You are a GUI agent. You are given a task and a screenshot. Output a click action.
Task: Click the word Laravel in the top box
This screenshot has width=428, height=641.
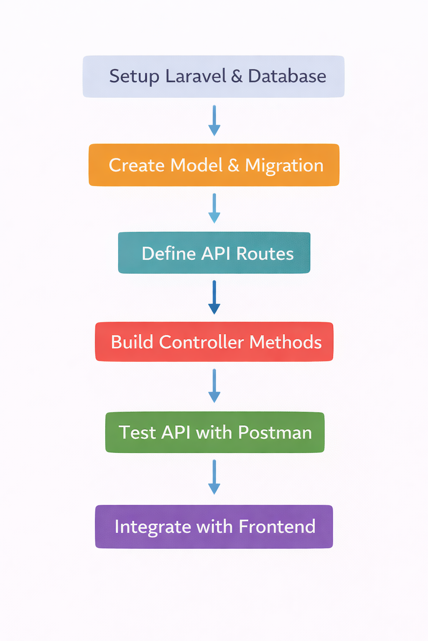click(196, 76)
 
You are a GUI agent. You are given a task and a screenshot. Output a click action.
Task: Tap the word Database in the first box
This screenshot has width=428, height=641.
click(287, 76)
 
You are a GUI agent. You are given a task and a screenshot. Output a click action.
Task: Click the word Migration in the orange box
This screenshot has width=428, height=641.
click(284, 166)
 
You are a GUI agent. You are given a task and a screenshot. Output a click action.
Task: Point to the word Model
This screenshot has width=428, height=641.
click(196, 165)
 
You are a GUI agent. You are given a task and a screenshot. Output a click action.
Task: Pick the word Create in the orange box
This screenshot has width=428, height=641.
click(137, 165)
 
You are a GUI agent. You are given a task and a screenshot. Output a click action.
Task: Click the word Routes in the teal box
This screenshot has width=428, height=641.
click(265, 254)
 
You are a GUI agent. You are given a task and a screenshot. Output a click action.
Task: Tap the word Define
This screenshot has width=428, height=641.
click(168, 254)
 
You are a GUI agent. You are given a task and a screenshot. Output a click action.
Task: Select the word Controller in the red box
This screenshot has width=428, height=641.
click(201, 342)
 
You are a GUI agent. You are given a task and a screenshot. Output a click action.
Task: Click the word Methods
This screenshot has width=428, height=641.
click(285, 342)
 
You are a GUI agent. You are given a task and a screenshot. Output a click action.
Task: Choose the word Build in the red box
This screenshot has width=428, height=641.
click(132, 342)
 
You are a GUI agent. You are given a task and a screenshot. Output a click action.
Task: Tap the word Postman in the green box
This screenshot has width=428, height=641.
click(275, 433)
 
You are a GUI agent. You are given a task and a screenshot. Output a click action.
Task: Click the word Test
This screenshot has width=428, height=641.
click(137, 433)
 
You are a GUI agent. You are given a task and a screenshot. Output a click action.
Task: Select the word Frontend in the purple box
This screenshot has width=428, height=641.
click(277, 527)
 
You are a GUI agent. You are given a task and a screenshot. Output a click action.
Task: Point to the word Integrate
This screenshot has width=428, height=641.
click(153, 527)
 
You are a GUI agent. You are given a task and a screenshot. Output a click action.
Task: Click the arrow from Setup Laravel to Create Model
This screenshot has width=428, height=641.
click(214, 121)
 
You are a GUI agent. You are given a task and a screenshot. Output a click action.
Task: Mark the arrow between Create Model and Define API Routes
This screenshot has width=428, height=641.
click(214, 208)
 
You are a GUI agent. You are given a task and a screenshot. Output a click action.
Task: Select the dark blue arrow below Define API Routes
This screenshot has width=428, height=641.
click(214, 297)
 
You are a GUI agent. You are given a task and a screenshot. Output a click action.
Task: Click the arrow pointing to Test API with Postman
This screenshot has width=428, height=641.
click(214, 386)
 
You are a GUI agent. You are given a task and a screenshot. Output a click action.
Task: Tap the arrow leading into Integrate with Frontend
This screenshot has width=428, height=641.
click(214, 477)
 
